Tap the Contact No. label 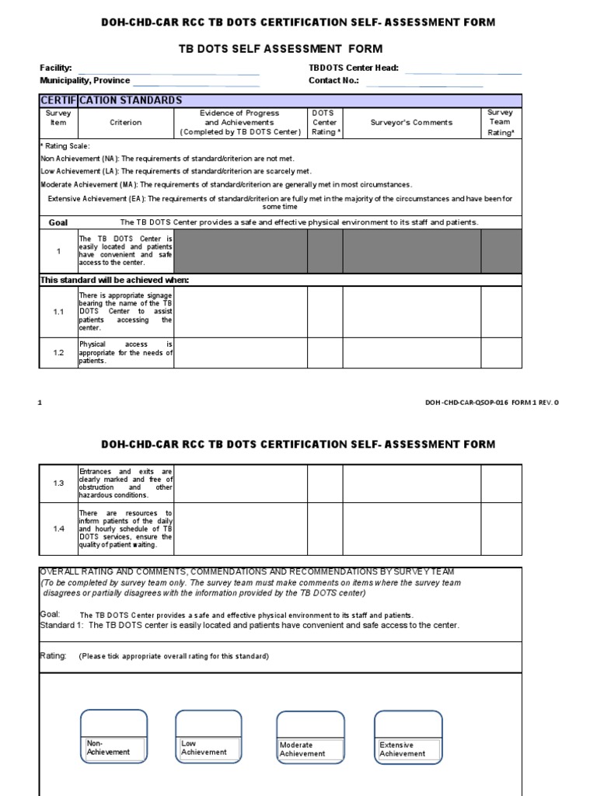click(333, 81)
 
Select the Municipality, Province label click(86, 81)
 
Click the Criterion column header click(126, 122)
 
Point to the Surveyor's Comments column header click(411, 122)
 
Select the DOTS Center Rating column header click(324, 122)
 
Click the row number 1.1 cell click(59, 312)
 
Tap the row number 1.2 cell click(59, 352)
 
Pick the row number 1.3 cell click(59, 483)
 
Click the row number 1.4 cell click(59, 529)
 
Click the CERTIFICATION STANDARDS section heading click(111, 100)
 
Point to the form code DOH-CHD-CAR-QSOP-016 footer click(491, 402)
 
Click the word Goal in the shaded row click(59, 222)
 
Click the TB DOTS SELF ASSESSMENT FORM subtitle click(298, 49)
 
